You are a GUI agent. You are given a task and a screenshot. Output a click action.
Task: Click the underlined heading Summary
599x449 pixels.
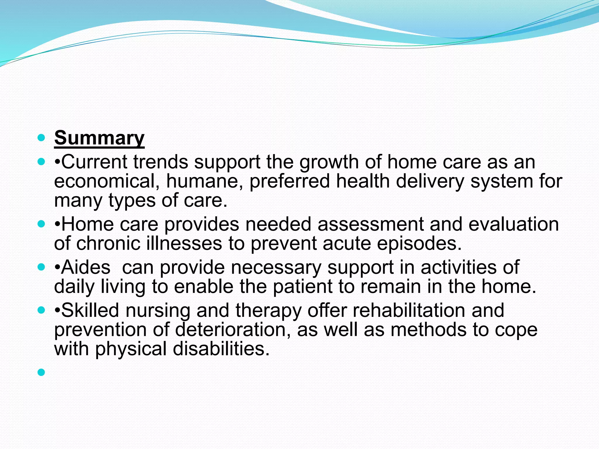pos(99,138)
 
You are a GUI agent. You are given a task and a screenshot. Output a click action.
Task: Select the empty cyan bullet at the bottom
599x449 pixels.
pos(42,372)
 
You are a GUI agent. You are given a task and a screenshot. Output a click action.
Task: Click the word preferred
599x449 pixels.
pos(290,181)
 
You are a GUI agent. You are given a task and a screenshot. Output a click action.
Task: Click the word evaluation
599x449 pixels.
pos(514,224)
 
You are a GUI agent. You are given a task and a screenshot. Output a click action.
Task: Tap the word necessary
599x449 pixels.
pos(276,267)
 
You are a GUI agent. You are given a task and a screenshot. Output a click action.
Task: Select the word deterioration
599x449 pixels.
pos(230,330)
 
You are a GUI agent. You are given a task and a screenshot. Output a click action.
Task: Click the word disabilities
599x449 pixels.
pos(221,349)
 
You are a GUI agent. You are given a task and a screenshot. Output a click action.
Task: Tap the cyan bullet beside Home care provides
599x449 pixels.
pos(42,224)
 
